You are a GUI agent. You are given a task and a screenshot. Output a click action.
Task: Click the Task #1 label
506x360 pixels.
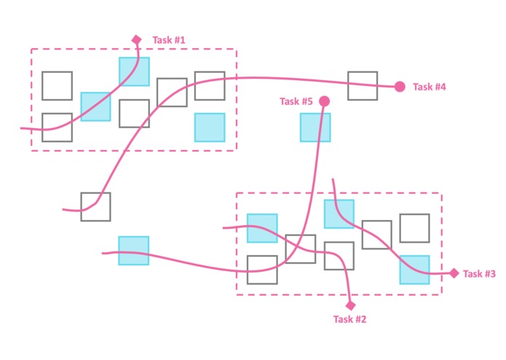(170, 40)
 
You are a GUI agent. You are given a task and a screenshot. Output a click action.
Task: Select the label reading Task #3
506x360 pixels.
(479, 274)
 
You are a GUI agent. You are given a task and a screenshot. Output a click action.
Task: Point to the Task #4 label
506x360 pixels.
(430, 87)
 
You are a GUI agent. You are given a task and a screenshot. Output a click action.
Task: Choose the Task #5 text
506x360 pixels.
(296, 101)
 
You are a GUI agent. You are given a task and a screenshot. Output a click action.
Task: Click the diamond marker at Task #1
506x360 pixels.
(136, 39)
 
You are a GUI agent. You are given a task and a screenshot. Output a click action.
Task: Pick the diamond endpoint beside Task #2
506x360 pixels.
(350, 305)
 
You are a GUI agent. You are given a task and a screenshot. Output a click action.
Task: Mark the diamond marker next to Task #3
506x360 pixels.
(454, 273)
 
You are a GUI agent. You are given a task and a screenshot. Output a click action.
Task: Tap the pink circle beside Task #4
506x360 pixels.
(400, 87)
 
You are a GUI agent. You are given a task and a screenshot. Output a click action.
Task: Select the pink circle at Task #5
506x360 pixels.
(324, 101)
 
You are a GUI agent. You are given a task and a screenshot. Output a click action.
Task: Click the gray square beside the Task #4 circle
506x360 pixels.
(363, 86)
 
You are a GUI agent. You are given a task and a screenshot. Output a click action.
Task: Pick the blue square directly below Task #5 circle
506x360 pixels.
(315, 128)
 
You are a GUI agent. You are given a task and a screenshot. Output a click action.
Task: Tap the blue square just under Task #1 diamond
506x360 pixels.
(135, 71)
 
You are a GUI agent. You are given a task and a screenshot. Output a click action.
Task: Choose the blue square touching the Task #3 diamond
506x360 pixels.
(414, 269)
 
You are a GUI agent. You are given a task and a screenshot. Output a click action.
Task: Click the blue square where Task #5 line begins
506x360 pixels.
(133, 251)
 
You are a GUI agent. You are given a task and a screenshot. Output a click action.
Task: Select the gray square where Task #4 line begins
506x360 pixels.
(95, 207)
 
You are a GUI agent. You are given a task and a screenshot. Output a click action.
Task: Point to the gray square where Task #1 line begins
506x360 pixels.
(57, 128)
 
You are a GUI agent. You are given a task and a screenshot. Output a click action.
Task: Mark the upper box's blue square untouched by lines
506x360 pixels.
(210, 127)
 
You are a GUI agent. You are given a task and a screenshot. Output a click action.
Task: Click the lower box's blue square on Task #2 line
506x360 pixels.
(262, 228)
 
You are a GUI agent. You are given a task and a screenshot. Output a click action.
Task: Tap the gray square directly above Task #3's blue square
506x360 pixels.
(414, 228)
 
